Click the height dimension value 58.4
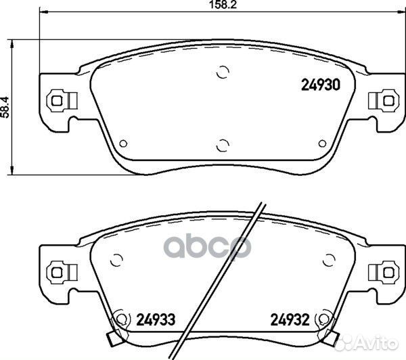click(5, 106)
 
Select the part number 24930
click(319, 86)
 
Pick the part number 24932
click(289, 319)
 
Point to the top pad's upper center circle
click(221, 73)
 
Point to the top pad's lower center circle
click(221, 143)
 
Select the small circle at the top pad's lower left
click(122, 143)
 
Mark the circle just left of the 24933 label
click(122, 318)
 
